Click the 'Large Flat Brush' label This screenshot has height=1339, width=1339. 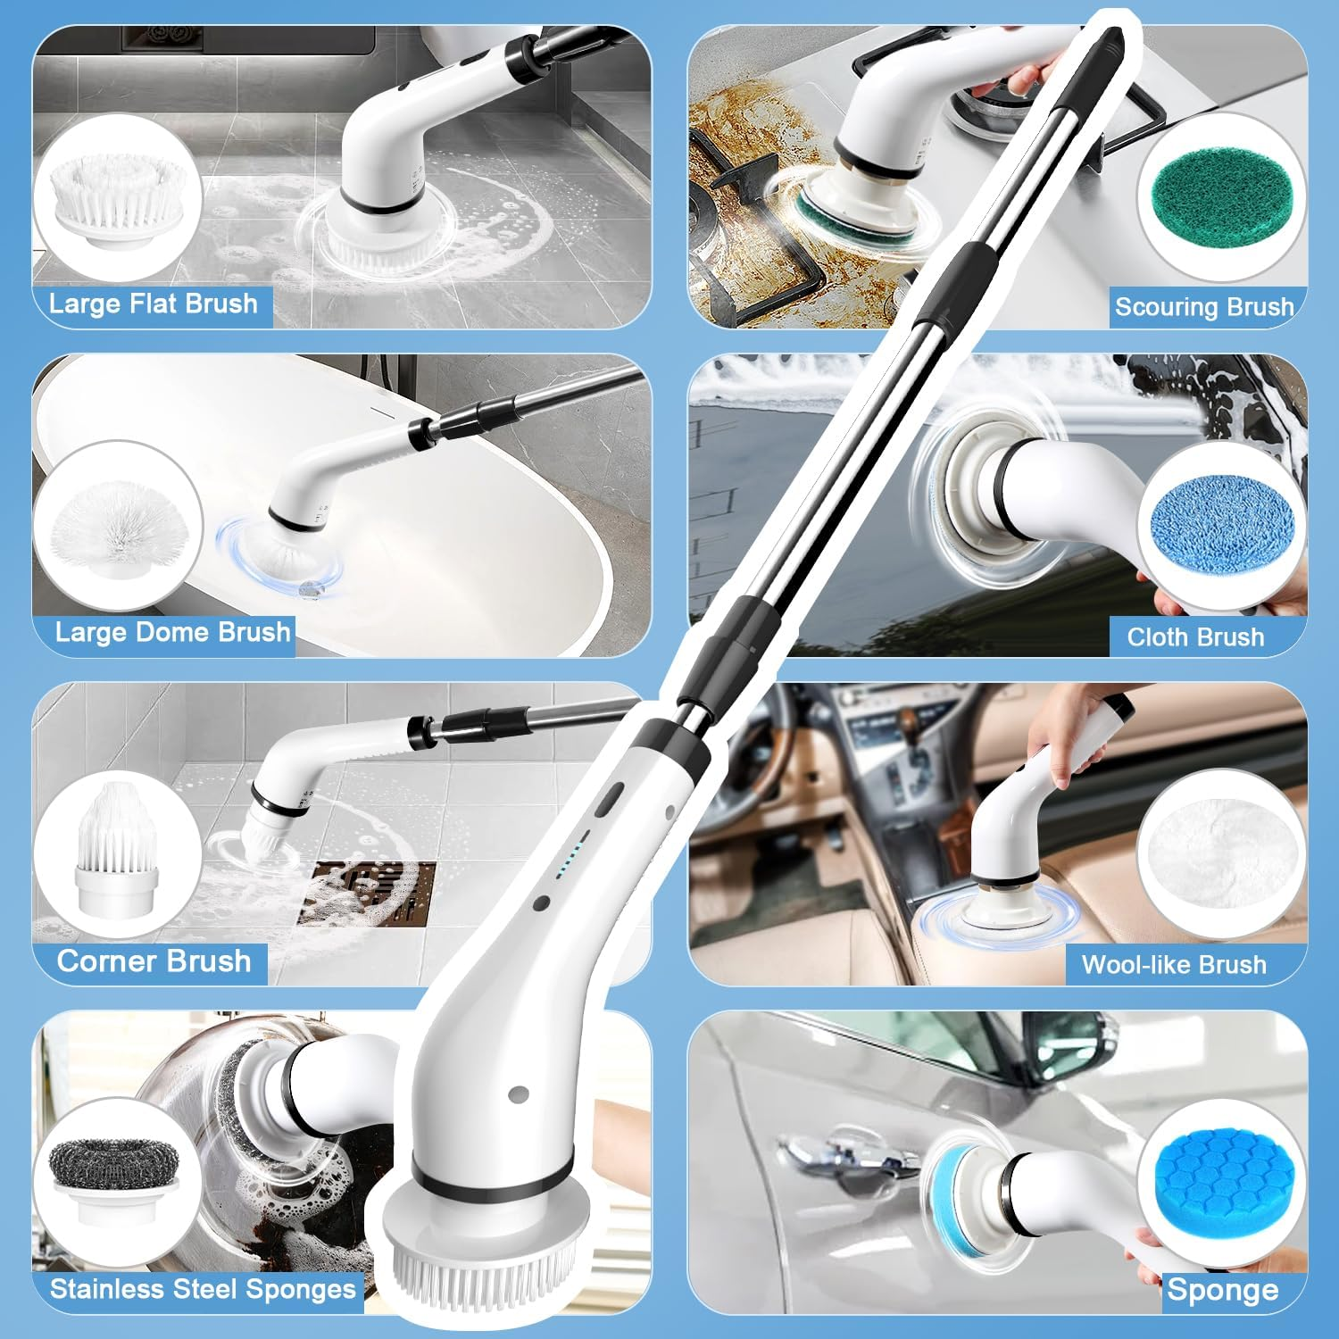click(x=153, y=304)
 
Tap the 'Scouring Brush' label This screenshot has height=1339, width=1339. click(x=1203, y=307)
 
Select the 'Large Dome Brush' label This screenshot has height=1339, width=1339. click(x=172, y=633)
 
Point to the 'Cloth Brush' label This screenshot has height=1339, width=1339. click(x=1195, y=637)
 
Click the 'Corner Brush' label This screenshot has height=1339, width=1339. click(x=154, y=961)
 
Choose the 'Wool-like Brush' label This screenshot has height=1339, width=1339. click(x=1174, y=965)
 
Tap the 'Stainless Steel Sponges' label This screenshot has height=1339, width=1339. click(x=203, y=1290)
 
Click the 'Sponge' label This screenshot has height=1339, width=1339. click(x=1222, y=1291)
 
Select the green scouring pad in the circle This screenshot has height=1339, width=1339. click(x=1220, y=198)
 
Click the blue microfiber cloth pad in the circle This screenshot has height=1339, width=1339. click(x=1221, y=527)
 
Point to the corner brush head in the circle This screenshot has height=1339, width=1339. click(x=117, y=848)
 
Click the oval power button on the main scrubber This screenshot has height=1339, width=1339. click(x=608, y=799)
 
